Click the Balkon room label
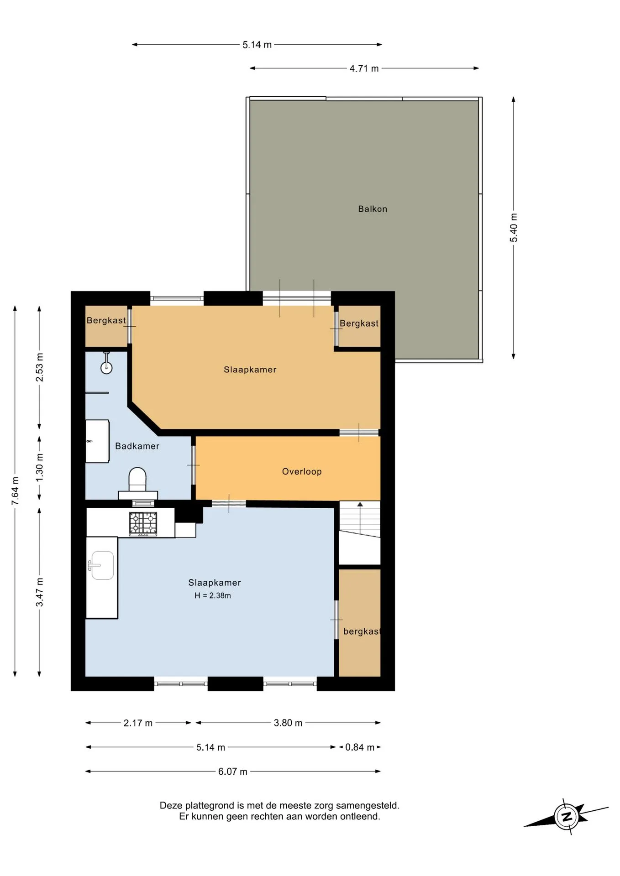pos(373,209)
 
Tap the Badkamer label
pos(137,446)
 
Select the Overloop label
pos(302,472)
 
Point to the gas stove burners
pos(143,523)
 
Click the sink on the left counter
pos(101,565)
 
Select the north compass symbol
pos(566,816)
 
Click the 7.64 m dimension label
pos(16,490)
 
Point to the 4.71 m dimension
pos(364,68)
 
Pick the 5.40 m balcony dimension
pos(514,228)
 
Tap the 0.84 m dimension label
pos(360,747)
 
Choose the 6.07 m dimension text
pos(232,772)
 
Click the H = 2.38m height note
pos(213,595)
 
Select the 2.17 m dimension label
pos(138,723)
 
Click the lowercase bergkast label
pos(362,631)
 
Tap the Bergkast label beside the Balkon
pos(359,323)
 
